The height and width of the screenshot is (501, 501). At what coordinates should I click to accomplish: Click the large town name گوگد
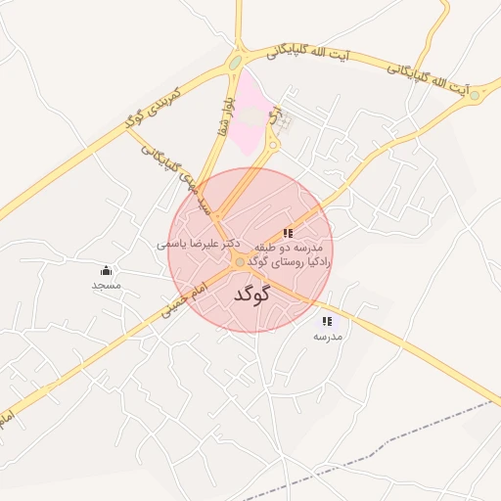tap(252, 295)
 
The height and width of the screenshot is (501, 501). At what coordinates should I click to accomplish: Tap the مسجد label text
tap(106, 285)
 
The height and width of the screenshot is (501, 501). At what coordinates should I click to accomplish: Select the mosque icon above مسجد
tap(106, 270)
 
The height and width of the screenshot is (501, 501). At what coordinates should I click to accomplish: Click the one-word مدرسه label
tap(328, 336)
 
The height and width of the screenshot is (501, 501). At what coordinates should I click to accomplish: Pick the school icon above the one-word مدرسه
tap(327, 321)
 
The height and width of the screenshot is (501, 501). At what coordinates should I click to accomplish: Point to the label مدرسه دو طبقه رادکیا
tap(291, 255)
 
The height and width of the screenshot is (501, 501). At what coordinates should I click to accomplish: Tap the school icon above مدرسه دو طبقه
tap(288, 234)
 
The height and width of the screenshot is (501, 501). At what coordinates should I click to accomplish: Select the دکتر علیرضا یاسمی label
tap(200, 242)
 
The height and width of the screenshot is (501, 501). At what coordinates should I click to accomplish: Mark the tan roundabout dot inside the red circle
tap(240, 261)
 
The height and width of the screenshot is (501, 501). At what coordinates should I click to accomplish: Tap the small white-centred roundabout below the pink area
tap(273, 146)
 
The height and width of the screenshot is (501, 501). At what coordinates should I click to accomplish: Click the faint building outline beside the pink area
tap(283, 124)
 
